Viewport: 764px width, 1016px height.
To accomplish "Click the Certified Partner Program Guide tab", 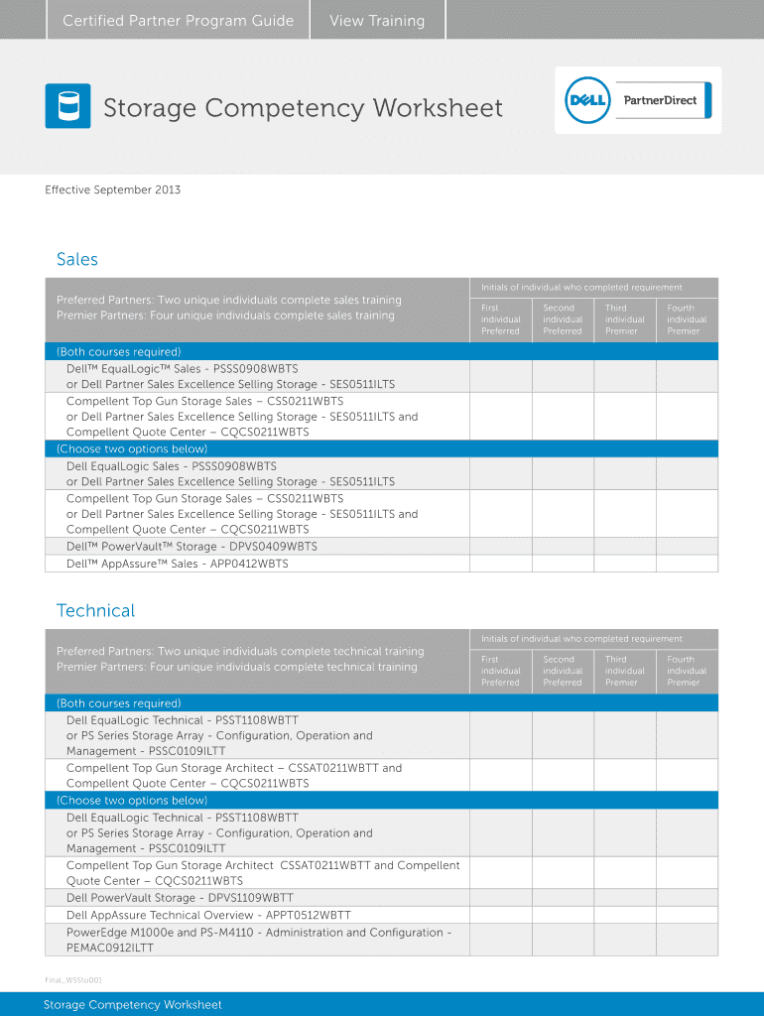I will (x=178, y=21).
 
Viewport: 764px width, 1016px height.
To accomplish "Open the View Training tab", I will (x=377, y=21).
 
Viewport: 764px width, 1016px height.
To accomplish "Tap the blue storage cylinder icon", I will (x=67, y=106).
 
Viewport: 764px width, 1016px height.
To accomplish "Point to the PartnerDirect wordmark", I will (x=660, y=100).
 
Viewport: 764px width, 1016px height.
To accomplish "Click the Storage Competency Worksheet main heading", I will (x=303, y=107).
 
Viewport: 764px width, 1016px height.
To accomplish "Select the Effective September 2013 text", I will (x=112, y=190).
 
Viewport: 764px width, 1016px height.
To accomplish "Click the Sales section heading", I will (x=77, y=259).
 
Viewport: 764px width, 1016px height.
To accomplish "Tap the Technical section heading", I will (x=95, y=610).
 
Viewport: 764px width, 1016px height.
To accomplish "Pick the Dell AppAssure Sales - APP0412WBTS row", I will (x=177, y=564).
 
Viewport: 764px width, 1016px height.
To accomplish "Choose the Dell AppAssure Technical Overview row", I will (x=208, y=915).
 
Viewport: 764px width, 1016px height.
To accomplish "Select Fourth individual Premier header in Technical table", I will (x=686, y=671).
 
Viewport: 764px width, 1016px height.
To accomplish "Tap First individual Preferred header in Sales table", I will (x=500, y=319).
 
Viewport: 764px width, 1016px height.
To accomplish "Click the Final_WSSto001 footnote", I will (x=72, y=980).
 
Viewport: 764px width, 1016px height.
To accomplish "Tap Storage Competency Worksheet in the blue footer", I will (x=132, y=1004).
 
